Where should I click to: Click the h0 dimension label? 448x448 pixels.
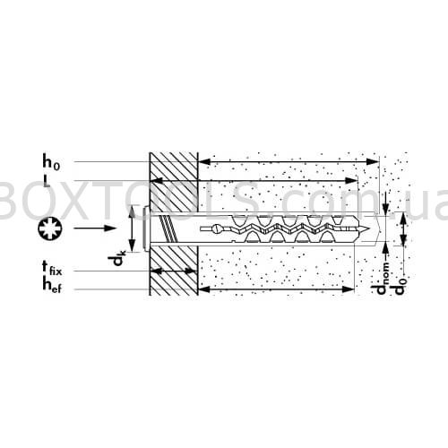coord(51,163)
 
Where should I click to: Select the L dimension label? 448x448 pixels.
coord(47,181)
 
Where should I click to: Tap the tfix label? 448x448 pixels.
coord(52,268)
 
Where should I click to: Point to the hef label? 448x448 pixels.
coord(52,285)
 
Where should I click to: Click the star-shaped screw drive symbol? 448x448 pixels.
coord(49,228)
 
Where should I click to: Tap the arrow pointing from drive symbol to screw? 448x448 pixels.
coord(95,228)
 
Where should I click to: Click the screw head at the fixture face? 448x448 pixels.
coord(146,228)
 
